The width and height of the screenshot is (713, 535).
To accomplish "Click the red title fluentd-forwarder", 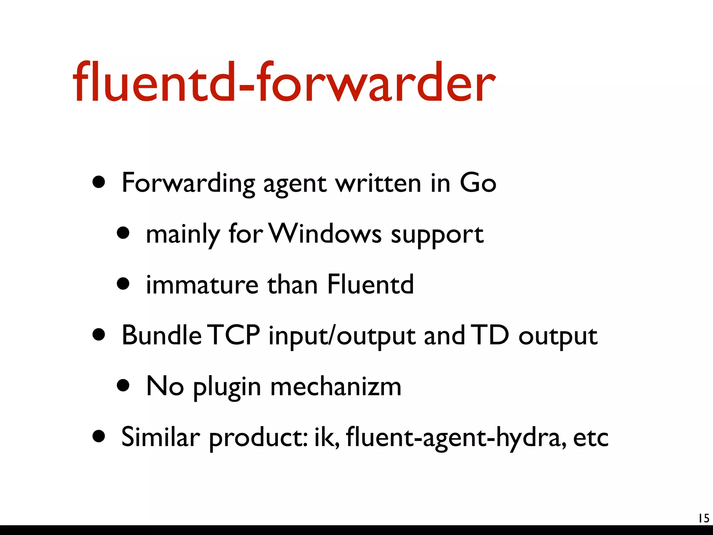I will (284, 83).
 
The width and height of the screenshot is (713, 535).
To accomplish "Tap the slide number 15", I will (704, 518).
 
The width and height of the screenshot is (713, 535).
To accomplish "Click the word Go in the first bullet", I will (478, 183).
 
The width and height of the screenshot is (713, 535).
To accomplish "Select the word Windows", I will (326, 233).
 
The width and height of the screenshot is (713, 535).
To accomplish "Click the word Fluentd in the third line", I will (370, 284).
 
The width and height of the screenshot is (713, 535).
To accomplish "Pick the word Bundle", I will (162, 335).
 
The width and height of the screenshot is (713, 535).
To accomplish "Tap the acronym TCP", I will (235, 335).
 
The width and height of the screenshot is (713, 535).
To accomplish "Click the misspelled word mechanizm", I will (336, 386).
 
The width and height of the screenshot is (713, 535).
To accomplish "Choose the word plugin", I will (227, 388).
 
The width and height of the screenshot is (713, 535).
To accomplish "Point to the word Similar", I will (160, 437).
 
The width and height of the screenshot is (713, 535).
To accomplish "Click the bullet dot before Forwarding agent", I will (99, 182).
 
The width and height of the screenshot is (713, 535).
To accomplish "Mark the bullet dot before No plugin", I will (123, 386).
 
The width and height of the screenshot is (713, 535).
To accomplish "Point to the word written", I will (378, 183).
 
